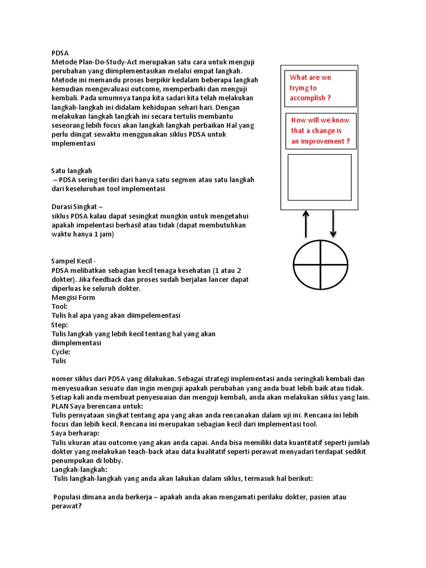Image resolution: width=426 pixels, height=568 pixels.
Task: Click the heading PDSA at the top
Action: click(x=60, y=53)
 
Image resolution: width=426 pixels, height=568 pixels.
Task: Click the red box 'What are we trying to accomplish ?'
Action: click(x=319, y=88)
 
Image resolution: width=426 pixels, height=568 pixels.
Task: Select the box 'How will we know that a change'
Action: click(x=320, y=131)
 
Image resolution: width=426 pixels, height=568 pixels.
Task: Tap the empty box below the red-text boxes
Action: click(x=319, y=177)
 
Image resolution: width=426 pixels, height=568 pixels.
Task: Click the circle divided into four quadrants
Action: click(x=320, y=263)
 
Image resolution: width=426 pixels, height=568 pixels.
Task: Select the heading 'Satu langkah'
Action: click(x=72, y=170)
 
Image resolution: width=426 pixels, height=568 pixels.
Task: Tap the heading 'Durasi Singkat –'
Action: click(x=77, y=207)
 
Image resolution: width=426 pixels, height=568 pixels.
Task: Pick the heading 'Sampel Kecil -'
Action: click(x=74, y=261)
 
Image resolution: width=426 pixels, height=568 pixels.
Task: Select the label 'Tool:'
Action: click(x=59, y=306)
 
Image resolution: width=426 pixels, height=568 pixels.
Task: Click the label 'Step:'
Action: click(x=59, y=324)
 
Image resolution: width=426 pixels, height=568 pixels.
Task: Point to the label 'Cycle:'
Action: click(x=60, y=352)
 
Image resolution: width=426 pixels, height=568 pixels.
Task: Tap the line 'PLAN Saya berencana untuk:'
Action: click(x=97, y=406)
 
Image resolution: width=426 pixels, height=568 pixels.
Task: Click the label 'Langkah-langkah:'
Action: click(x=78, y=469)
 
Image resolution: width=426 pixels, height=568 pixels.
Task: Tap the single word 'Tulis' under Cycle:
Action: click(x=59, y=361)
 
